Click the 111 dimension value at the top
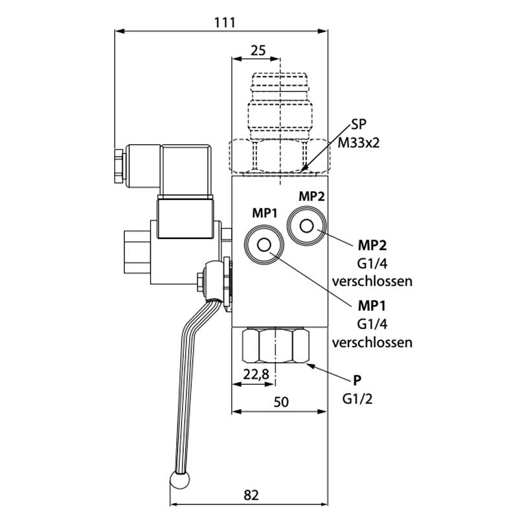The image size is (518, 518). click(x=224, y=22)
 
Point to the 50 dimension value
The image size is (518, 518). click(x=280, y=401)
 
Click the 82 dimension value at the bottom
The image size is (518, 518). click(x=252, y=495)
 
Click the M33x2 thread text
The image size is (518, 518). click(x=358, y=142)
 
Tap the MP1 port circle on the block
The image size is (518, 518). click(x=263, y=245)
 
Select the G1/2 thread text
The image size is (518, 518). click(x=357, y=398)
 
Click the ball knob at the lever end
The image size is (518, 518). click(x=179, y=480)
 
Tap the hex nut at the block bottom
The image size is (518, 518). click(x=275, y=347)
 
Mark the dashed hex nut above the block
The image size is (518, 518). click(x=279, y=156)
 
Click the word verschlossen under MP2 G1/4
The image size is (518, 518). click(x=372, y=281)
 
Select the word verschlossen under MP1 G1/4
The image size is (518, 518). click(x=372, y=342)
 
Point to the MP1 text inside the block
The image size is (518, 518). click(x=265, y=212)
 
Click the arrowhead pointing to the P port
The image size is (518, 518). click(x=308, y=364)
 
